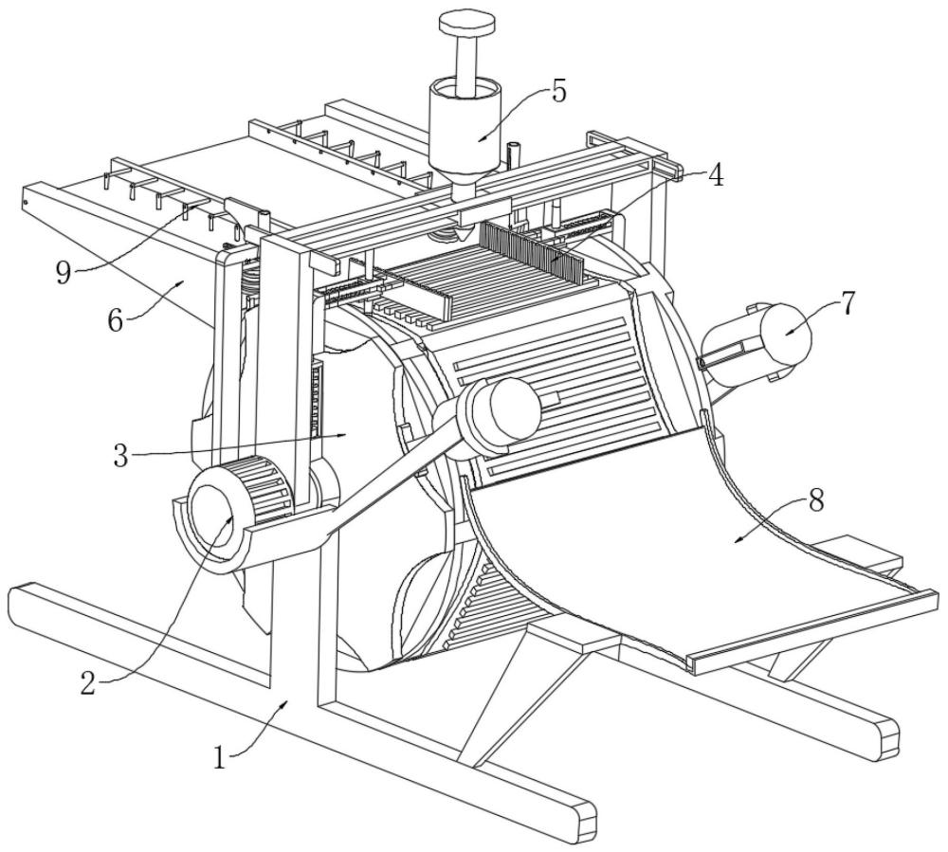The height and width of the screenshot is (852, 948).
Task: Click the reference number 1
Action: tap(220, 756)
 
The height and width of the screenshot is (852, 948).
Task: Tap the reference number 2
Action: tap(88, 683)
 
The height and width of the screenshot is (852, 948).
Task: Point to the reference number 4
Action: tap(716, 174)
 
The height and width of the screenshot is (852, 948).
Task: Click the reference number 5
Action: tap(558, 91)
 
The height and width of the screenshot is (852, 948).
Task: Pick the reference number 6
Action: tap(115, 320)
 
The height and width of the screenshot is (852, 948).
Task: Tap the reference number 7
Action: tap(848, 304)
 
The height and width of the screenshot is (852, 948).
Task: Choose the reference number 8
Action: tap(815, 501)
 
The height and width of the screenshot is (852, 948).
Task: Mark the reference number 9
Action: tap(64, 274)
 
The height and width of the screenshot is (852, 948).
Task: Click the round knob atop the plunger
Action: tap(466, 24)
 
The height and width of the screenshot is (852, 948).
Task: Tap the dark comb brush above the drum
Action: tap(532, 249)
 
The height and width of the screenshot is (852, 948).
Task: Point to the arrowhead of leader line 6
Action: tap(180, 282)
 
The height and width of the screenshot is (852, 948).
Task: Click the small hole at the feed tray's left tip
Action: tap(26, 203)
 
